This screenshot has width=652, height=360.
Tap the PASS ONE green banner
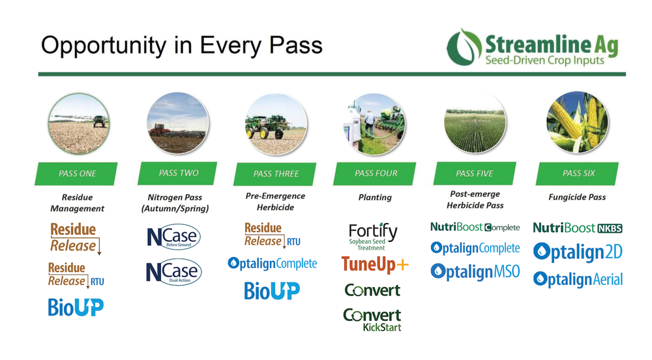78,173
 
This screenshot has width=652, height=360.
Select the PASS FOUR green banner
376,173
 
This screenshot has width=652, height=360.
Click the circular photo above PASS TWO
177,122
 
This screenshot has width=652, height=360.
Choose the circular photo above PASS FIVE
475,122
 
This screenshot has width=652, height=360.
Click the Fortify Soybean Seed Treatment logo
372,237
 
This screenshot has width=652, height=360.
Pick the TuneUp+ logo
374,264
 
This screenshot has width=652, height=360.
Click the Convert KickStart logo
372,319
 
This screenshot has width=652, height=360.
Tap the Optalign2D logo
577,252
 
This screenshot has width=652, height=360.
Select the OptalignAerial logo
578,279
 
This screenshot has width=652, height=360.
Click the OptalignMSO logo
475,271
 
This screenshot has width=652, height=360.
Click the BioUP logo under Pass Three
272,290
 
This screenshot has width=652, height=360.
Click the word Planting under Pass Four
375,197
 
